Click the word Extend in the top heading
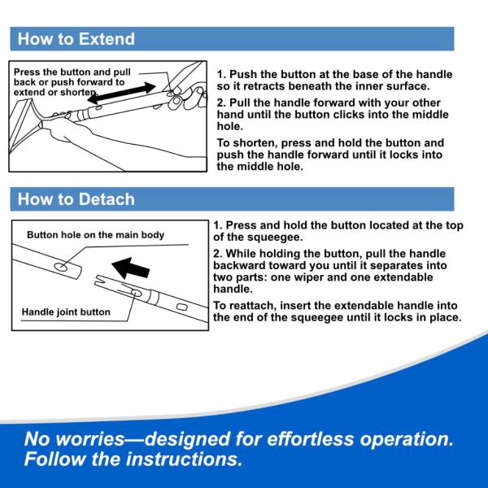pos(107,39)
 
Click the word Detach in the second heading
pos(107,199)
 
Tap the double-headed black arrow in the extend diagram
pos(122,93)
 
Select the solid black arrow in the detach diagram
pos(130,268)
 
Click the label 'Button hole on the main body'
pos(95,235)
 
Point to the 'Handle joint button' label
pos(66,312)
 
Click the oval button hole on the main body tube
pos(61,267)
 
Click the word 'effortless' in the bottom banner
pos(311,439)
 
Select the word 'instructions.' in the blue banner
pos(185,459)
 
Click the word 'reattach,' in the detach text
pos(253,306)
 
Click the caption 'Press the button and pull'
pos(72,72)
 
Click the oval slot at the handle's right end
pos(182,307)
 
